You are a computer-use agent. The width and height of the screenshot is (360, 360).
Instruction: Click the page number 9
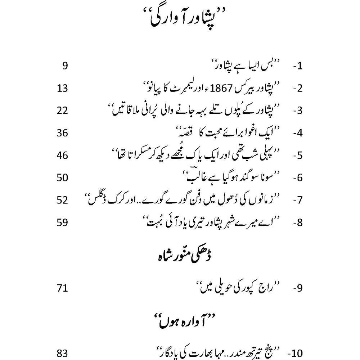pos(64,66)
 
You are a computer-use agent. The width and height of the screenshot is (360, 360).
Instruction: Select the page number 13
pos(62,88)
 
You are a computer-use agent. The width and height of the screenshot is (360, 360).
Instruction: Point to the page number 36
pos(62,133)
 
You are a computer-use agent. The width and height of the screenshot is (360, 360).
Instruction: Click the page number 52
pos(62,200)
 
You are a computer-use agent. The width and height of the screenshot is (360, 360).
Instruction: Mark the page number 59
pos(62,222)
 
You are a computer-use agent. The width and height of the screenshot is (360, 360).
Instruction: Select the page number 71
pos(62,288)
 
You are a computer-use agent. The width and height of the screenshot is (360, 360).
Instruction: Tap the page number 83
pos(62,353)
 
